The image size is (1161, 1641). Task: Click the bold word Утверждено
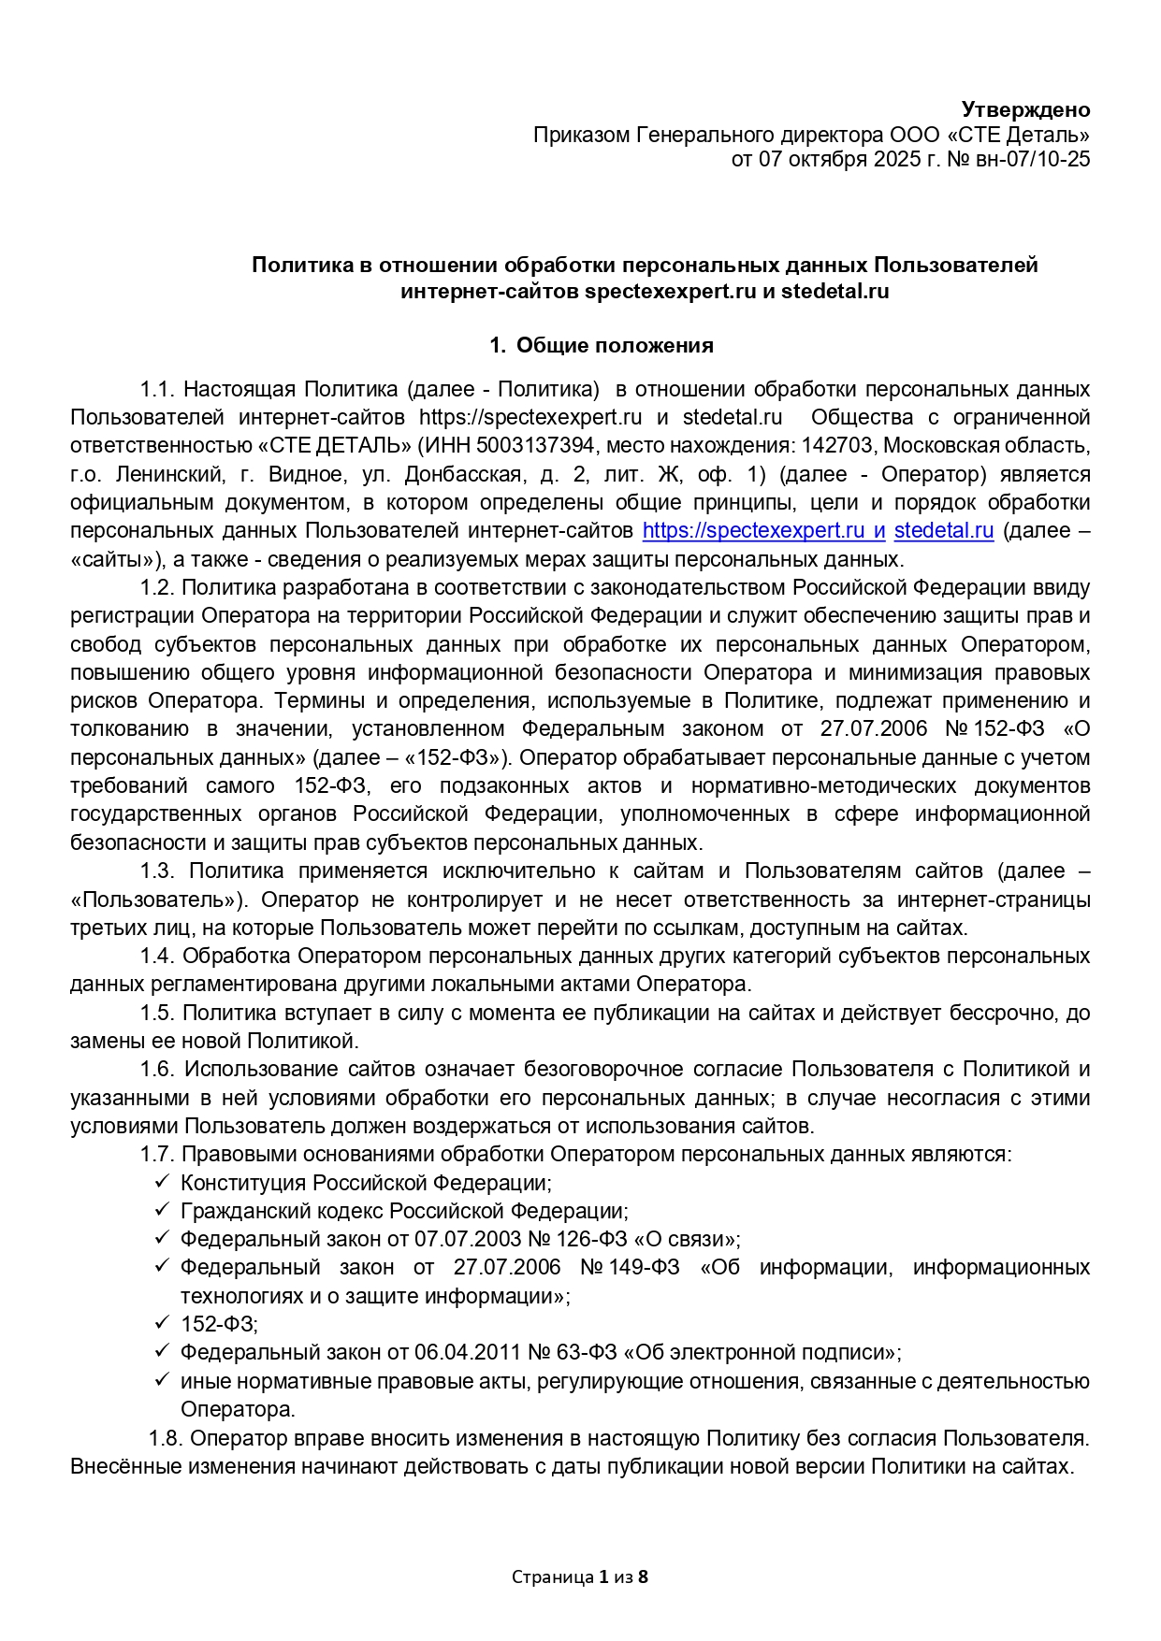pyautogui.click(x=1025, y=109)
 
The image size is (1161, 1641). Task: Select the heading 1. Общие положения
pyautogui.click(x=601, y=346)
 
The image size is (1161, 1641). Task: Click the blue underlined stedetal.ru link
pyautogui.click(x=943, y=531)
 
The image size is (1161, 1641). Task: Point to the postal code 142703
pyautogui.click(x=836, y=446)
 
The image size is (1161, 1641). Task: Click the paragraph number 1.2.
pyautogui.click(x=157, y=587)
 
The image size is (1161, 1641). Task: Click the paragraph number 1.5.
pyautogui.click(x=157, y=1013)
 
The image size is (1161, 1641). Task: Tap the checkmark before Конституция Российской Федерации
pyautogui.click(x=161, y=1182)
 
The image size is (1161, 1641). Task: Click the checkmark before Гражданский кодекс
pyautogui.click(x=161, y=1210)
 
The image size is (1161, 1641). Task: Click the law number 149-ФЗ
pyautogui.click(x=645, y=1268)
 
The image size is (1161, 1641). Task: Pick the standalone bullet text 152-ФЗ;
pyautogui.click(x=219, y=1324)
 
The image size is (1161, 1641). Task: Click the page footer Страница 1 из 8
pyautogui.click(x=580, y=1577)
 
